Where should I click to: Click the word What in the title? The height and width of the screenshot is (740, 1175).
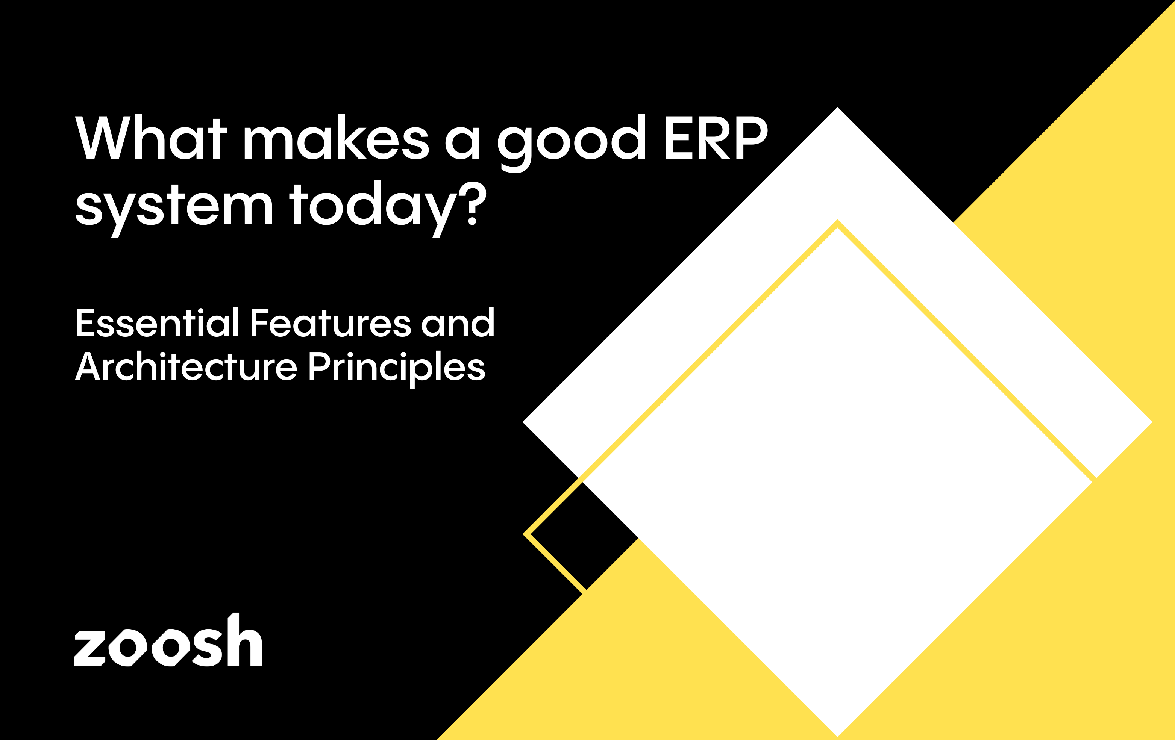coord(151,138)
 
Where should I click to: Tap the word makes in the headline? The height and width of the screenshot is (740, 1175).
coord(336,138)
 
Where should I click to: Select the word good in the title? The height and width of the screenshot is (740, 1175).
coord(571,141)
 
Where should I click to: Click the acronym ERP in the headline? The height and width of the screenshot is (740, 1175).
coord(716,138)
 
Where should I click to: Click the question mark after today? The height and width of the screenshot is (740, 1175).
coord(472,203)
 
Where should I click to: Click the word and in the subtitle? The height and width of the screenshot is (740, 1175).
coord(458,323)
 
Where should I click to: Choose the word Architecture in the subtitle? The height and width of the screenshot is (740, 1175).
coord(186,366)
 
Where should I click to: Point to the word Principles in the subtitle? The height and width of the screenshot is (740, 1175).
coord(397,368)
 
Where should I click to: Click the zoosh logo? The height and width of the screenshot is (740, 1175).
coord(168,641)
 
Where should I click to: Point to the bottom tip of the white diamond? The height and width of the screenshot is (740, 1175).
coord(837,735)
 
